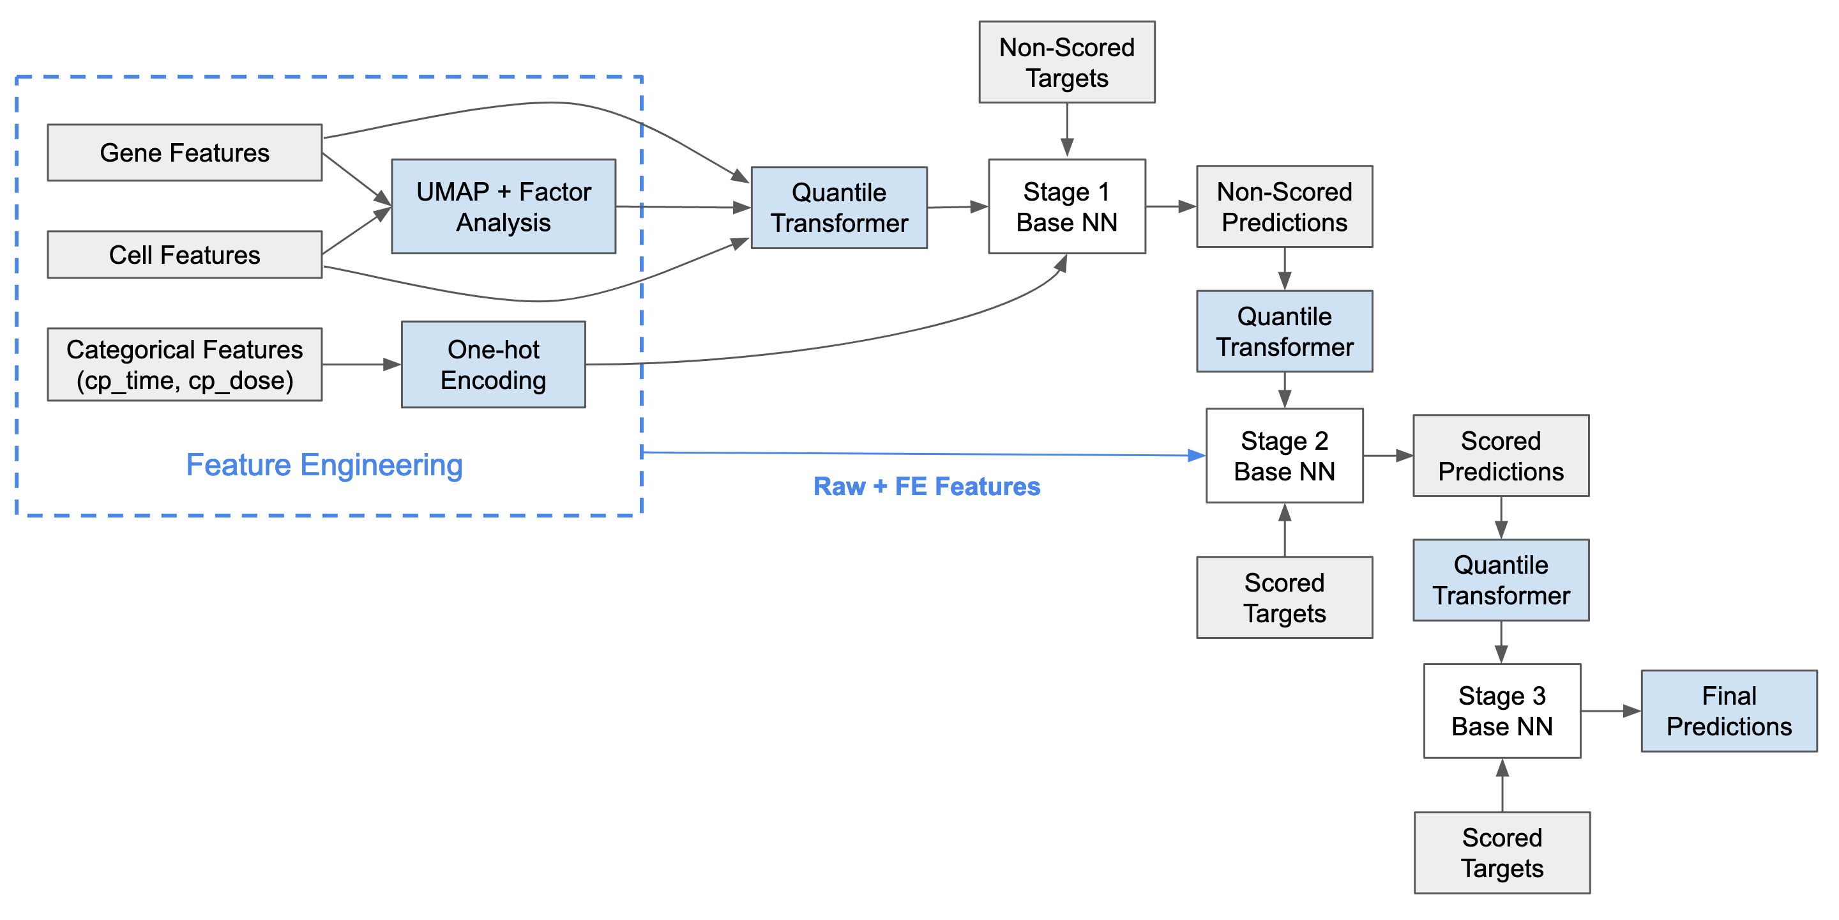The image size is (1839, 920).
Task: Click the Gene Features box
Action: click(x=184, y=153)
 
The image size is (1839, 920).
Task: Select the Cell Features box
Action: click(x=184, y=255)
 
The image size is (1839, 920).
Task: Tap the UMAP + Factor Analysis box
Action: click(x=503, y=207)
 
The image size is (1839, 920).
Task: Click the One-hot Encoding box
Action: click(x=494, y=365)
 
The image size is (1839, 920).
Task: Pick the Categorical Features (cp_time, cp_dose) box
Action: click(x=184, y=365)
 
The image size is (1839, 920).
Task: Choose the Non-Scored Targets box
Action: click(x=1066, y=63)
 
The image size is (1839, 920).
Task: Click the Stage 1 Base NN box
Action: click(x=1066, y=207)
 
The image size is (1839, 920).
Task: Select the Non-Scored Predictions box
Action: click(x=1284, y=207)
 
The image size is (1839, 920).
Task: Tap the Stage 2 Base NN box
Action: click(x=1284, y=456)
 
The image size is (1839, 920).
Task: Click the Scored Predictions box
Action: click(x=1501, y=456)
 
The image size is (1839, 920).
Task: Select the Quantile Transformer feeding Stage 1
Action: click(x=839, y=208)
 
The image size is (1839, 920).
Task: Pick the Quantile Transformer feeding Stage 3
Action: click(x=1501, y=580)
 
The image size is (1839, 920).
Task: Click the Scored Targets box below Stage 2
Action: click(x=1284, y=598)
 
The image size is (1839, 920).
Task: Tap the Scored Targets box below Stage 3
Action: click(x=1502, y=853)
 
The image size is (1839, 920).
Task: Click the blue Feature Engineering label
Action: click(x=324, y=465)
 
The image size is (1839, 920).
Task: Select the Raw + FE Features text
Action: click(x=927, y=486)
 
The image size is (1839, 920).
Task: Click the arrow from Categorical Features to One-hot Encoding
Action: click(x=361, y=365)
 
